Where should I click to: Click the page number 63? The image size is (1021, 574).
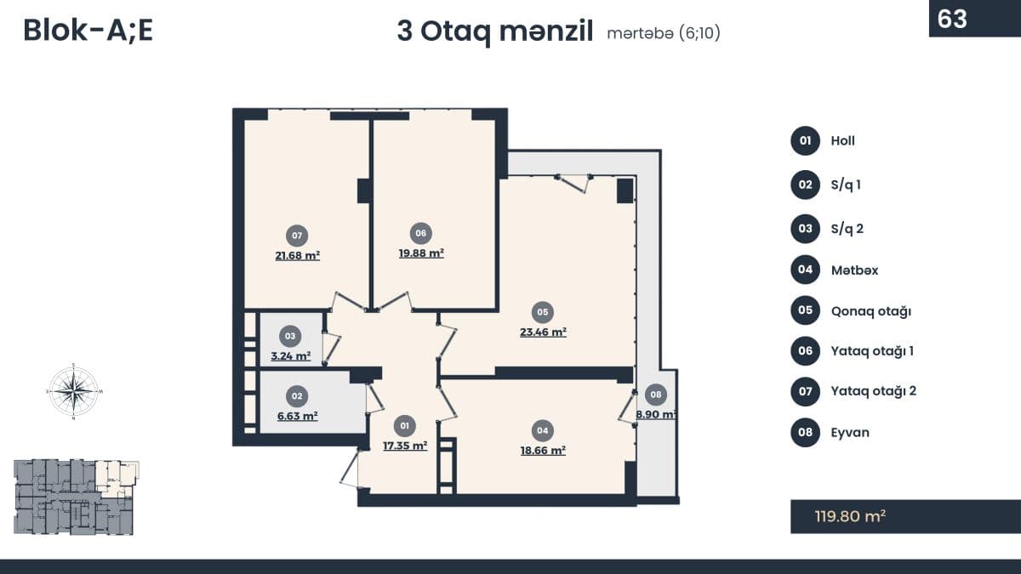pos(952,19)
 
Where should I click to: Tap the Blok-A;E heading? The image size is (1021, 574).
pos(88,31)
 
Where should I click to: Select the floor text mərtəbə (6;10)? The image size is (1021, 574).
pos(664,33)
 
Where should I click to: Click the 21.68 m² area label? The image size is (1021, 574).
pos(297,256)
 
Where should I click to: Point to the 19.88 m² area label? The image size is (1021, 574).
pos(421,253)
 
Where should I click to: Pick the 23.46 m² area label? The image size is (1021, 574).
pos(543,332)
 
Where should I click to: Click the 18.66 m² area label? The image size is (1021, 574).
pos(543,451)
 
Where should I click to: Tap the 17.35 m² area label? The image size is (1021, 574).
pos(405,446)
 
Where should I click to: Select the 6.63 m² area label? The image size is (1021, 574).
pos(297,416)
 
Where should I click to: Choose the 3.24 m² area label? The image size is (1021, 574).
pos(291,355)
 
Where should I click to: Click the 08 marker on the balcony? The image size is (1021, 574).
pos(655,395)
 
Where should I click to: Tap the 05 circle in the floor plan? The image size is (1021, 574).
pos(543,312)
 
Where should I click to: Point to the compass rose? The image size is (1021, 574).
pos(73,391)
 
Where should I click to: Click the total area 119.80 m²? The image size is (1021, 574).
pos(850,517)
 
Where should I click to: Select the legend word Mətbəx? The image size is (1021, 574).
pos(854,270)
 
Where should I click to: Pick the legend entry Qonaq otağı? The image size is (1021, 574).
pos(871,311)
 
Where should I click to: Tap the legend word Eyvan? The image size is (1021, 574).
pos(850,432)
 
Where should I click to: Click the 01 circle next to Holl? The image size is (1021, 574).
pos(806,141)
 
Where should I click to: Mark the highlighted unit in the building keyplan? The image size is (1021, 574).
pos(117,477)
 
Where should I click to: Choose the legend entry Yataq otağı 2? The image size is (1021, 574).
pos(873,391)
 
